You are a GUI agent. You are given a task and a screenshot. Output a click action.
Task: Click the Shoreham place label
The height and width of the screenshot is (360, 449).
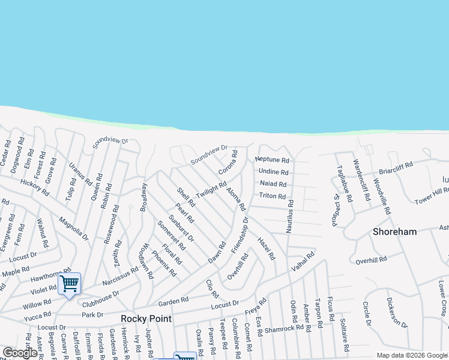(394, 232)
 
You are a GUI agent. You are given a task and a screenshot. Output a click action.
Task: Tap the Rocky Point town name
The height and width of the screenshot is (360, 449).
(146, 319)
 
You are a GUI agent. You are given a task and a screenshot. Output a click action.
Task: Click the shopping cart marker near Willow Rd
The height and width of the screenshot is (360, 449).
(70, 283)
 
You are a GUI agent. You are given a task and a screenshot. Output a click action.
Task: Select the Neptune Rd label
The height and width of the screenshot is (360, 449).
(272, 160)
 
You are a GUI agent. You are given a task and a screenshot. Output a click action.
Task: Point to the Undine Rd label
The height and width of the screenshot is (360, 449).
(274, 172)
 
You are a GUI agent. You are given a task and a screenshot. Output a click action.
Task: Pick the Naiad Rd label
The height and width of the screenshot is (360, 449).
(273, 184)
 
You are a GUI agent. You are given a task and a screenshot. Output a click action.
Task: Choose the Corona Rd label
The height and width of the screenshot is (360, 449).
(228, 163)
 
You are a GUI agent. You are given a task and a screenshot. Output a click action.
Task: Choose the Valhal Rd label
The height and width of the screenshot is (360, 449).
(303, 263)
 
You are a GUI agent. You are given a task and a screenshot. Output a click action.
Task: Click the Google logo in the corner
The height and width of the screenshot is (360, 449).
(20, 353)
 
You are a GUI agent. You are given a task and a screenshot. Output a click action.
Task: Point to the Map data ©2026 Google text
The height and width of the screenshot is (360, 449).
(412, 355)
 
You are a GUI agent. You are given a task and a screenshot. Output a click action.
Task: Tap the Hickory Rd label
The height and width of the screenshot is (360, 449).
(34, 186)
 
